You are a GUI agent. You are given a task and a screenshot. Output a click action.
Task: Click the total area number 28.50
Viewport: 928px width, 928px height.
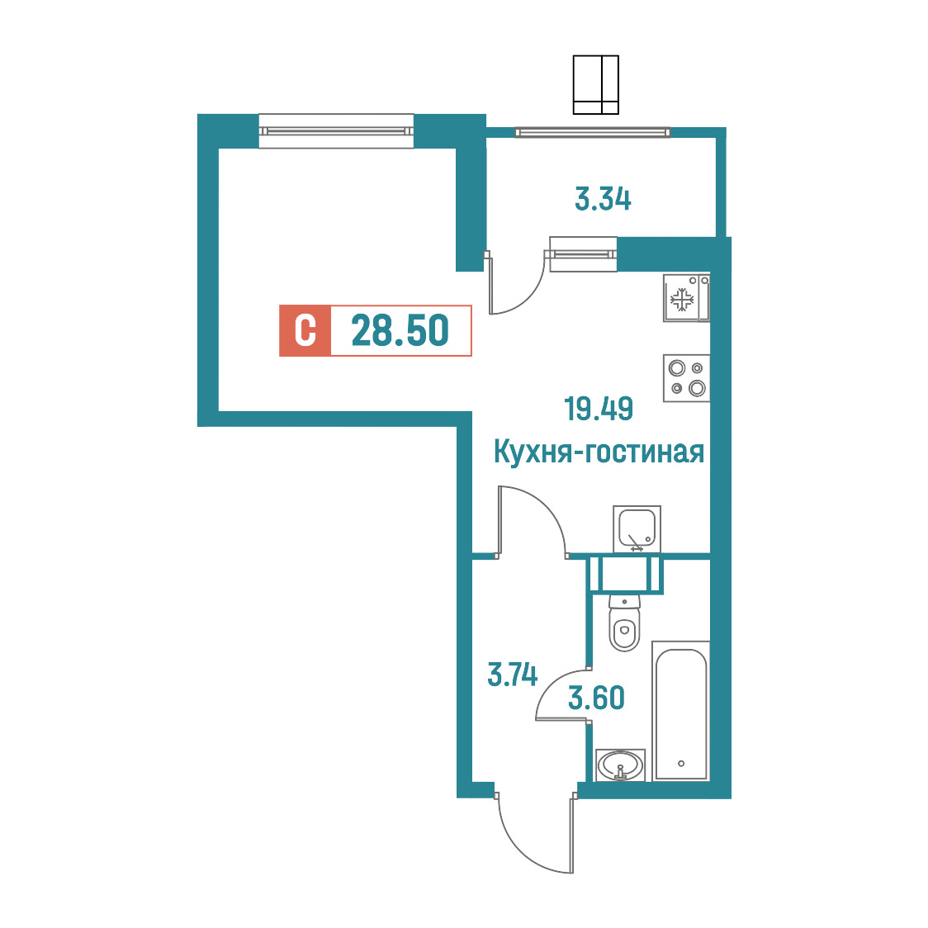point(400,330)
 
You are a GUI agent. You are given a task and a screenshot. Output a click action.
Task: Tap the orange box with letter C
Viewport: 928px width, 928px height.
point(305,330)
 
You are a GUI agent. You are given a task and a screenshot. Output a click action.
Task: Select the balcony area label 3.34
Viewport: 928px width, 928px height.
point(603,199)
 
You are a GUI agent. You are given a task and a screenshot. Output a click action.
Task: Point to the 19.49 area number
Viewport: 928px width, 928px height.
point(599,409)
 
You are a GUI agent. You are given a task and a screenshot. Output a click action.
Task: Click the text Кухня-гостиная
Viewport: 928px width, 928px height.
point(599,452)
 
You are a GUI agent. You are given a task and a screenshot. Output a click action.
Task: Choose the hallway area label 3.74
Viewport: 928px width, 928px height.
point(512,675)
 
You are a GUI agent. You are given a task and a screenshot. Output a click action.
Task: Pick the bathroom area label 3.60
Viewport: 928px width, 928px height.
point(596,698)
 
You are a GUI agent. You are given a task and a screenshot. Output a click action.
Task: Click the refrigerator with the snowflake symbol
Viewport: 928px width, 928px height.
point(686,298)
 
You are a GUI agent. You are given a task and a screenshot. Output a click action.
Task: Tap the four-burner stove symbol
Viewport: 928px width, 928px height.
point(687,378)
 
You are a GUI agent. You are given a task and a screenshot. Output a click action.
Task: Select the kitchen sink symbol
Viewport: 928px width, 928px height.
point(637,529)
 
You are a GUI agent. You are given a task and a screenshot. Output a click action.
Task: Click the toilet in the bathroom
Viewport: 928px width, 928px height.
point(624,623)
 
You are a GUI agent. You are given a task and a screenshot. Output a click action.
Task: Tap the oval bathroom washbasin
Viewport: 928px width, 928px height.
point(620,765)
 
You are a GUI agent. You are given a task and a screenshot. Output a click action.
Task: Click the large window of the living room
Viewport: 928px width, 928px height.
point(336,130)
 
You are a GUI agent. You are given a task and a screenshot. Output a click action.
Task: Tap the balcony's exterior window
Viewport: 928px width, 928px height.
point(593,133)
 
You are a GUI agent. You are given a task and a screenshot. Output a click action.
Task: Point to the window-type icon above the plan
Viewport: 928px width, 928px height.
point(595,85)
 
